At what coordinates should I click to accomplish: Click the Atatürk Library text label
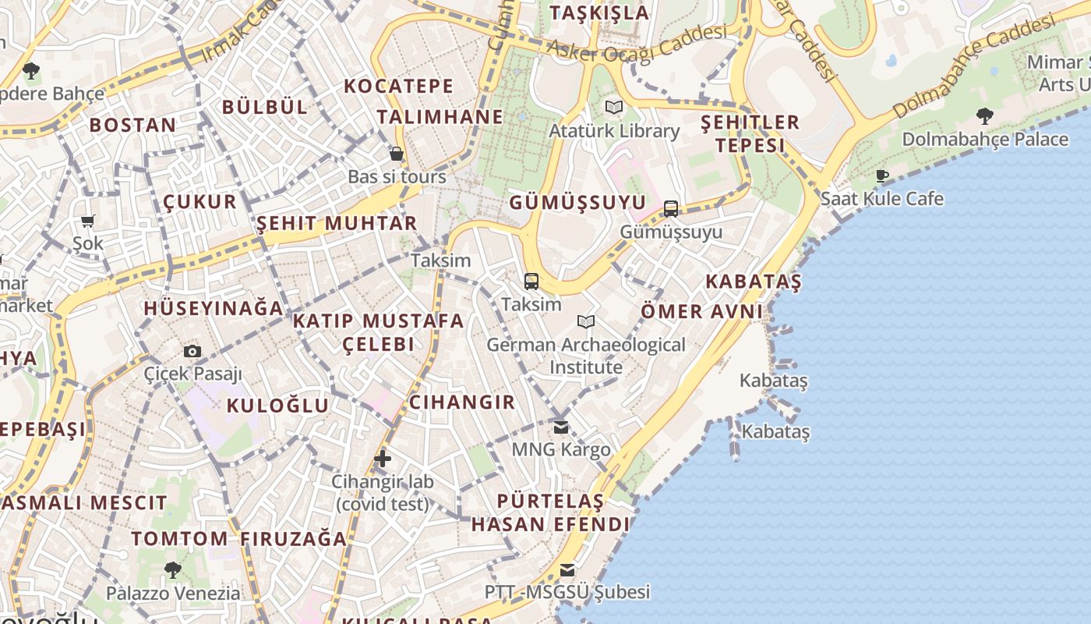(x=614, y=131)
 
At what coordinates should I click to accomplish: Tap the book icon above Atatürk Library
(x=614, y=108)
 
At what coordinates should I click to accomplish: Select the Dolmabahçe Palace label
(x=985, y=140)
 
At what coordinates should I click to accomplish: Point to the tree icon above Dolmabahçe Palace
(x=985, y=116)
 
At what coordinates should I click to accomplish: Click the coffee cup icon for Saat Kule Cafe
(x=882, y=175)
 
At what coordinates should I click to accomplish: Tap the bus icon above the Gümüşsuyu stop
(x=671, y=209)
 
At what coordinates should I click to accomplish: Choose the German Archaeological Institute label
(x=586, y=356)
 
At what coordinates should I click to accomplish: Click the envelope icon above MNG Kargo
(x=561, y=427)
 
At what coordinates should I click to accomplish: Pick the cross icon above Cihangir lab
(x=382, y=459)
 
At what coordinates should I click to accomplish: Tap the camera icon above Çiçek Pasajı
(x=192, y=351)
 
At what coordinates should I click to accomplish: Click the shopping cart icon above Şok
(x=88, y=221)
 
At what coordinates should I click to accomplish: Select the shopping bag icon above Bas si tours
(x=397, y=154)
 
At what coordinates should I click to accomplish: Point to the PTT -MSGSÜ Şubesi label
(x=567, y=592)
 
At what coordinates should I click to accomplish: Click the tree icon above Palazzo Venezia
(x=173, y=570)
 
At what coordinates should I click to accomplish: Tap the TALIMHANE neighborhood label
(x=440, y=117)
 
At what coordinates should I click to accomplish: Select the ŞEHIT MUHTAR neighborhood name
(x=337, y=223)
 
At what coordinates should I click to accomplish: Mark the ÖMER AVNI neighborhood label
(x=701, y=311)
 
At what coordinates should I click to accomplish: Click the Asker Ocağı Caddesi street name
(x=637, y=43)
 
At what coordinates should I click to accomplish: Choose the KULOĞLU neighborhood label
(x=278, y=406)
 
